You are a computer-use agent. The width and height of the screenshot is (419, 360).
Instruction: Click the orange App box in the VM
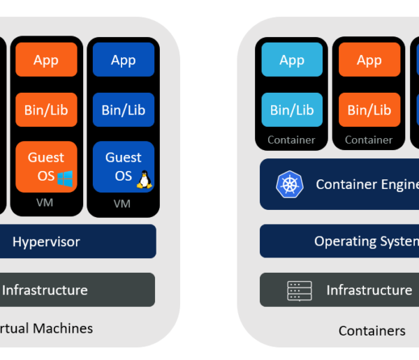(46, 60)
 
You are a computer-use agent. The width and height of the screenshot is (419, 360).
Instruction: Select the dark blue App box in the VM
(123, 60)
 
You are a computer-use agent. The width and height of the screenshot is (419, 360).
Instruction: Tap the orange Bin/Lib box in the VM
(46, 110)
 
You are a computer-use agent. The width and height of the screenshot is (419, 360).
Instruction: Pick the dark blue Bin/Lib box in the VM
(123, 110)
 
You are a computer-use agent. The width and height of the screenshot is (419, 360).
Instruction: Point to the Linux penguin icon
(144, 179)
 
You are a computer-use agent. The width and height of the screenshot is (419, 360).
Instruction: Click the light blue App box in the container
(292, 60)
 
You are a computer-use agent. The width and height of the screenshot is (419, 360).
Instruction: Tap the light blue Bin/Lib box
(292, 110)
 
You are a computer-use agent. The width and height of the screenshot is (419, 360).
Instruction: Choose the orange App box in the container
(369, 60)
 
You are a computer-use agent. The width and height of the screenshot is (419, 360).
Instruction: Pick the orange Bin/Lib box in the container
(369, 110)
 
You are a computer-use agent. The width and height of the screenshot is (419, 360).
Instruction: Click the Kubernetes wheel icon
(288, 185)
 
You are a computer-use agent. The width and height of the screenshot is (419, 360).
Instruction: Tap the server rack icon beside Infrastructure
(300, 290)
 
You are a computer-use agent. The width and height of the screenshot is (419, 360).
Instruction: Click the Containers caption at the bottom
(372, 331)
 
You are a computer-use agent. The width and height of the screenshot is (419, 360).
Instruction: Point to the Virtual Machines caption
(46, 328)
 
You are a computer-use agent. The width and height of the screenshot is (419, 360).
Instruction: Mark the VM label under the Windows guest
(45, 203)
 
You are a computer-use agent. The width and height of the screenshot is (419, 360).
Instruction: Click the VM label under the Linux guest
(122, 204)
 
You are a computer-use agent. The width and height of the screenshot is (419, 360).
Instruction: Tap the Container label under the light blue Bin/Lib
(291, 140)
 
